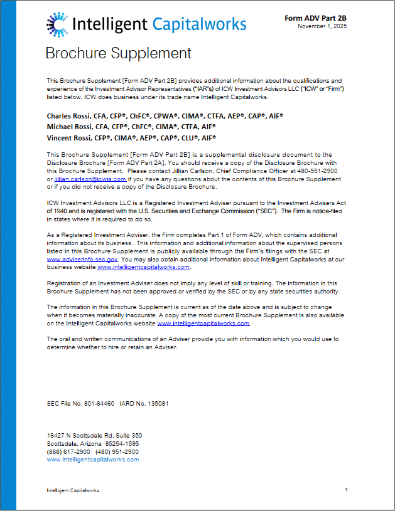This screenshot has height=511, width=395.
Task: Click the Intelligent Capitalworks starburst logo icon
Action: pos(57,24)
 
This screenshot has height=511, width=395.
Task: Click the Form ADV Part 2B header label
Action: pos(316,18)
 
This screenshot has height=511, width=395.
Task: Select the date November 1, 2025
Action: pos(322,26)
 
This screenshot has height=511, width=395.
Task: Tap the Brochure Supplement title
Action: pos(118,53)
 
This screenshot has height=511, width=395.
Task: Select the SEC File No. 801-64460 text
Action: pos(80,404)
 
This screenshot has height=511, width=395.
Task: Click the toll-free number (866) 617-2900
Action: pos(68,451)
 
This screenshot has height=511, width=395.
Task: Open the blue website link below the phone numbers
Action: pos(93,460)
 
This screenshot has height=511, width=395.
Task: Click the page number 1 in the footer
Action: pos(346,490)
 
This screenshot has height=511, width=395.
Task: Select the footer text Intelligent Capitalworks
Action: pos(73,490)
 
